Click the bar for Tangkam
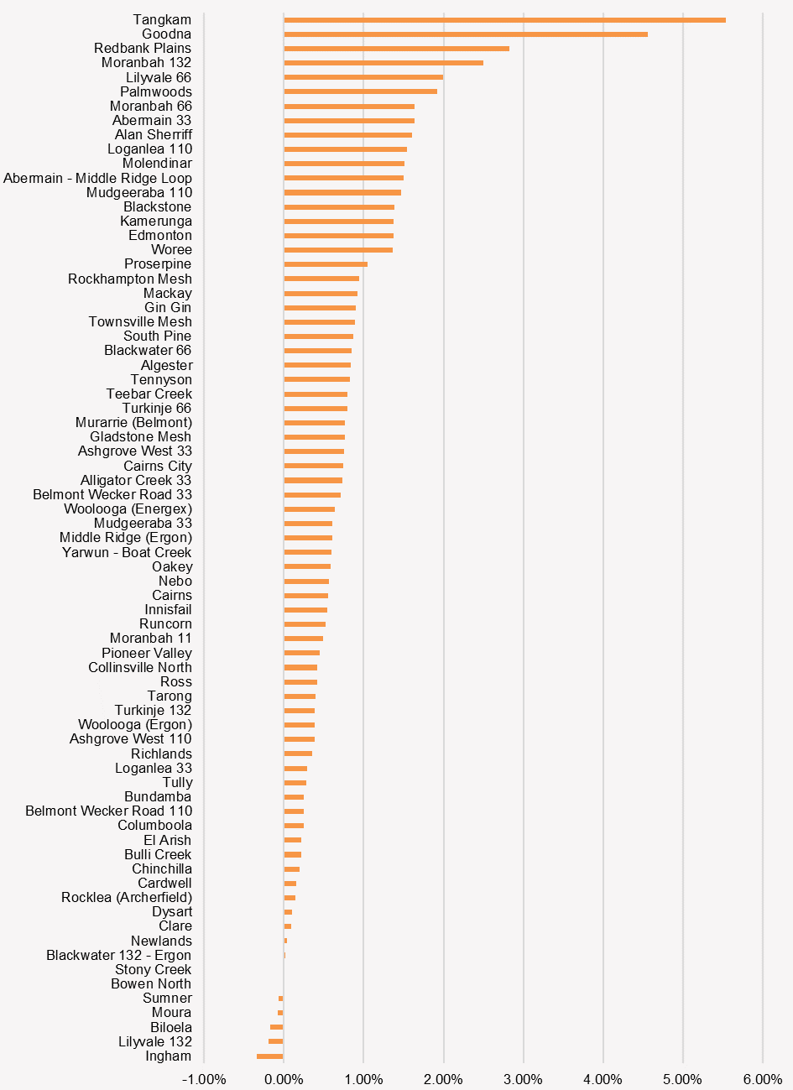[504, 20]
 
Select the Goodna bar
[466, 34]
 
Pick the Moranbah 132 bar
[383, 63]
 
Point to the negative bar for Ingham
[270, 1056]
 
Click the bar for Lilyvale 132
[276, 1041]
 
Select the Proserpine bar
[326, 264]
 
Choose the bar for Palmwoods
[360, 91]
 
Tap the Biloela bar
[277, 1027]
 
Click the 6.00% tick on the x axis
[762, 1079]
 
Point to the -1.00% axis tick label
[204, 1079]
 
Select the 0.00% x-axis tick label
[284, 1079]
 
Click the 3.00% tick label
[523, 1079]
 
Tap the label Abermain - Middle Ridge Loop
[97, 178]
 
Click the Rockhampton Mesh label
[130, 279]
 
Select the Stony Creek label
[153, 969]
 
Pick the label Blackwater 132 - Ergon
[118, 955]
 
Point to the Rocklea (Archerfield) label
[127, 897]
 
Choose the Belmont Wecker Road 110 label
[108, 811]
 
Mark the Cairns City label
[158, 466]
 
